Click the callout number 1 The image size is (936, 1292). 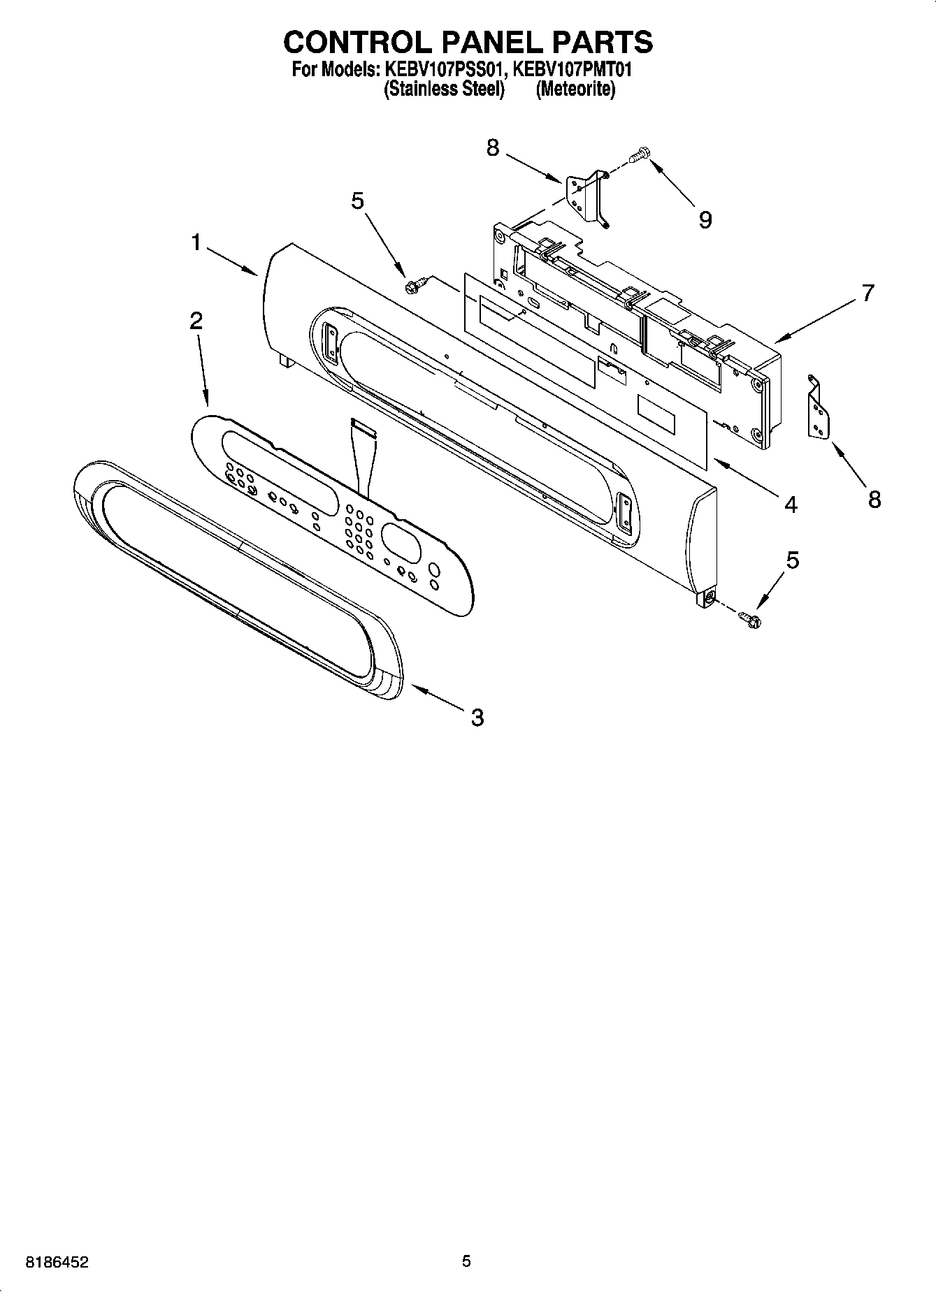(x=196, y=243)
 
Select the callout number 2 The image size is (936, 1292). (x=196, y=321)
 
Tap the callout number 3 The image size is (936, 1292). (x=477, y=717)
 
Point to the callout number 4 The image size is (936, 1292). (x=790, y=504)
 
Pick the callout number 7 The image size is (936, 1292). (x=867, y=293)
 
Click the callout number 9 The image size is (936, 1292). (x=705, y=220)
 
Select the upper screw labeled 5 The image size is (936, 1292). (x=412, y=285)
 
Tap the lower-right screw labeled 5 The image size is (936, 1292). (x=749, y=617)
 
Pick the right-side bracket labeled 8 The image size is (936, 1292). (x=819, y=410)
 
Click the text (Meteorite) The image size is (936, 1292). (x=575, y=89)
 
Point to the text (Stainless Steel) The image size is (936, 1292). (x=444, y=89)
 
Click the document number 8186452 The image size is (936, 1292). (x=57, y=1263)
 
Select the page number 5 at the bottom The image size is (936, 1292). (x=466, y=1261)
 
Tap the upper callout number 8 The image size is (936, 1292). (x=494, y=147)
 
